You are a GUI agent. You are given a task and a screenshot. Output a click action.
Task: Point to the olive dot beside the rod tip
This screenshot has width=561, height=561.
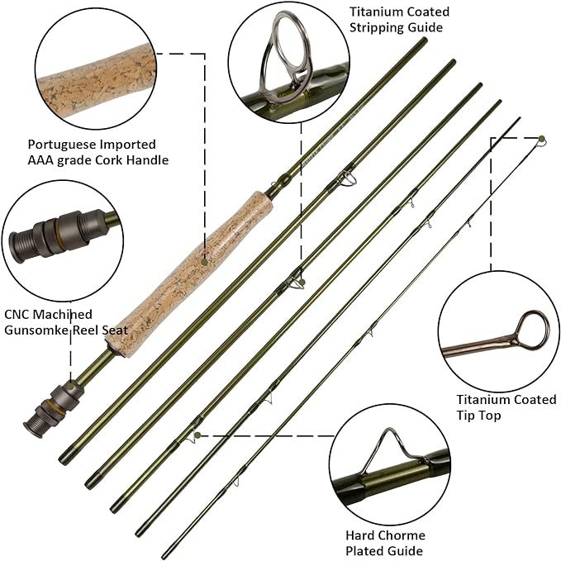pos(542,138)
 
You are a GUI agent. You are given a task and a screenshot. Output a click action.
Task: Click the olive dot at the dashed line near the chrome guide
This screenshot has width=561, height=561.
pos(198,435)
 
